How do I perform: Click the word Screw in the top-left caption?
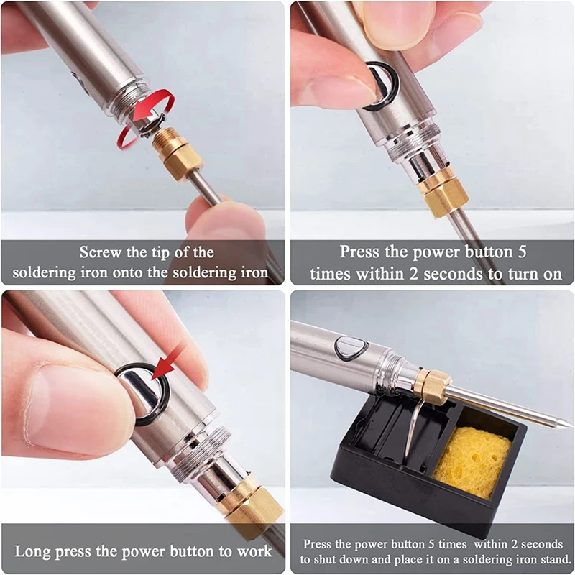(101, 252)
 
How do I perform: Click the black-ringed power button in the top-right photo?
(380, 85)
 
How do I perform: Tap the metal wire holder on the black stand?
(412, 431)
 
